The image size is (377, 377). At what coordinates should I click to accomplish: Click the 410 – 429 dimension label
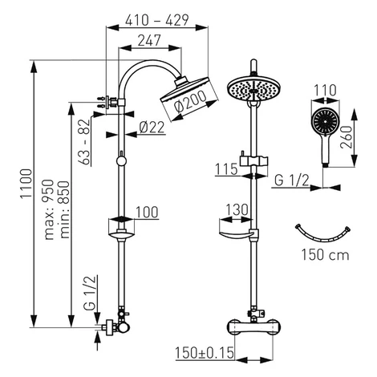157,20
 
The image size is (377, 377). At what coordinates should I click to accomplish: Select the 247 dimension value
149,40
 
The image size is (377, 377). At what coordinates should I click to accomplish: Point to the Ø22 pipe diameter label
152,127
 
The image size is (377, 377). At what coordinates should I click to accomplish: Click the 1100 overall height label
26,184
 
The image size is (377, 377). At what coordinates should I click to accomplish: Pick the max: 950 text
49,209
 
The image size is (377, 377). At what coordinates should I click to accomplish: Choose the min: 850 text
64,209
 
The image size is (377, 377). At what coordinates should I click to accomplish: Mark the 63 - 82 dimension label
84,142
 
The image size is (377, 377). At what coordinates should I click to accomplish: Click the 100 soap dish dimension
147,212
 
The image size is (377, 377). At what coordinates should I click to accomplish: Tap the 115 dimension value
226,169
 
